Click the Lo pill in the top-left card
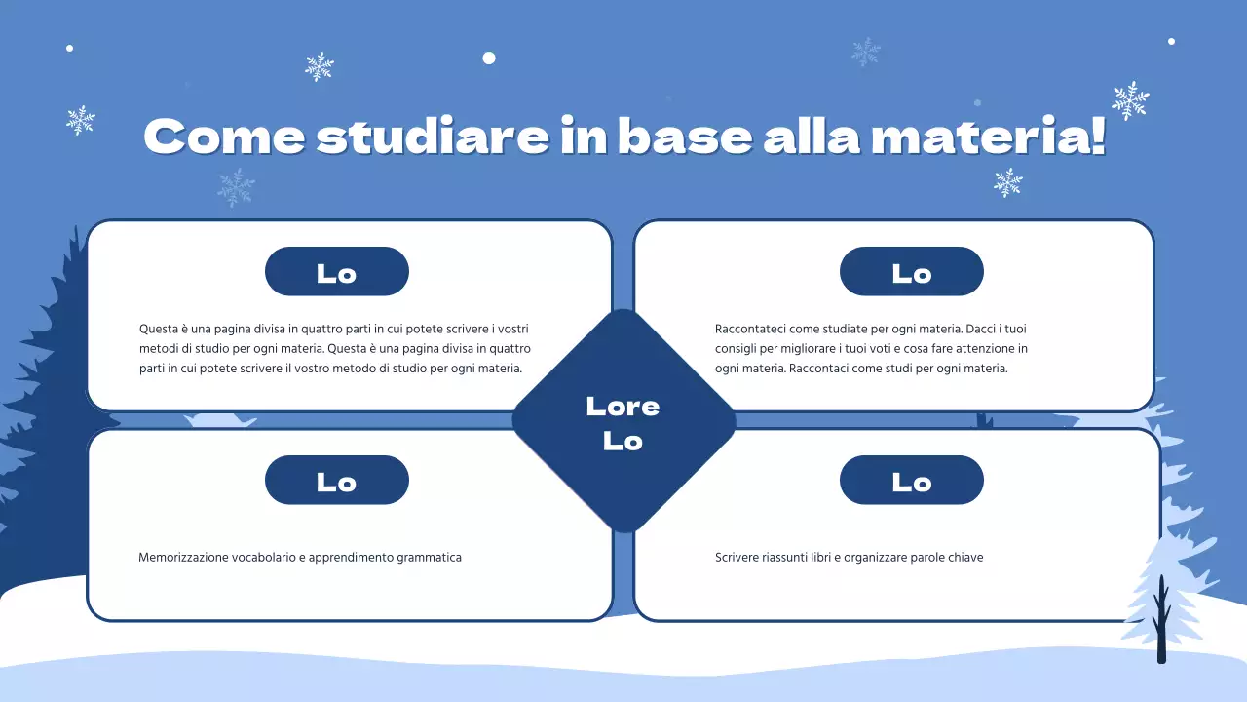pos(337,272)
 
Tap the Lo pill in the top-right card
pos(912,272)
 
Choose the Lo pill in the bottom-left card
pos(337,481)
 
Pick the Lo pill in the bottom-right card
pos(912,481)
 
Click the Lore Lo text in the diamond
pos(623,423)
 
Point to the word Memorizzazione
pos(183,558)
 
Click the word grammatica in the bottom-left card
pos(430,558)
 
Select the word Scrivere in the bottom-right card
pos(738,558)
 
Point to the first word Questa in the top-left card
pos(159,329)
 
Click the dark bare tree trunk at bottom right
pos(1161,624)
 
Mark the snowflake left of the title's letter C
pos(81,120)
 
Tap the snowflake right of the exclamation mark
pos(1130,100)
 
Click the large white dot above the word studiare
pos(489,58)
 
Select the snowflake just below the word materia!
pos(1008,182)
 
